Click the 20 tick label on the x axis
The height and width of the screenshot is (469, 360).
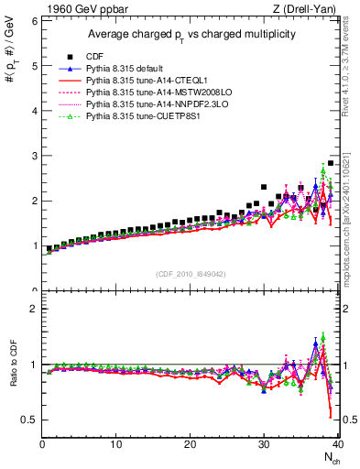click(190, 444)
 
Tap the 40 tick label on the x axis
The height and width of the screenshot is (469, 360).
click(337, 444)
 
